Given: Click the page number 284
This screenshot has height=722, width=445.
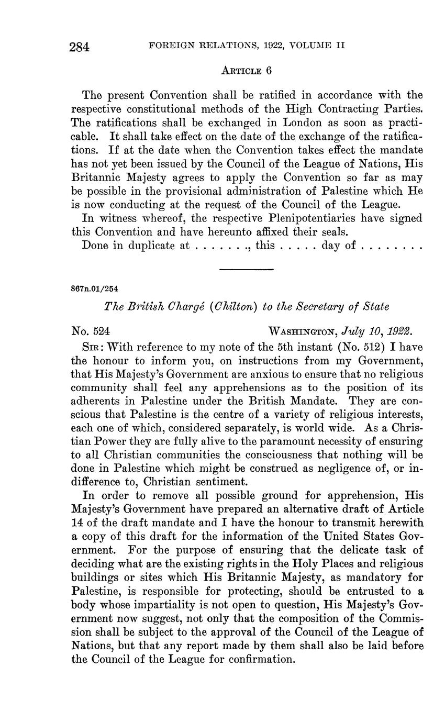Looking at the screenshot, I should (x=80, y=47).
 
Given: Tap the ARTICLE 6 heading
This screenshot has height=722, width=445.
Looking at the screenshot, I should (x=246, y=70).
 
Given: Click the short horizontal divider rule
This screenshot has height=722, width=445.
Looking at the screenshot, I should (x=246, y=270).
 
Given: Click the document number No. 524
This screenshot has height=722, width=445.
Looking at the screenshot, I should (x=90, y=331).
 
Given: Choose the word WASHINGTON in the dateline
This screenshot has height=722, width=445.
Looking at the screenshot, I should (x=302, y=331).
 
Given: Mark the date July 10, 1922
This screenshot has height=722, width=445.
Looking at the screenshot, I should (x=377, y=331).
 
